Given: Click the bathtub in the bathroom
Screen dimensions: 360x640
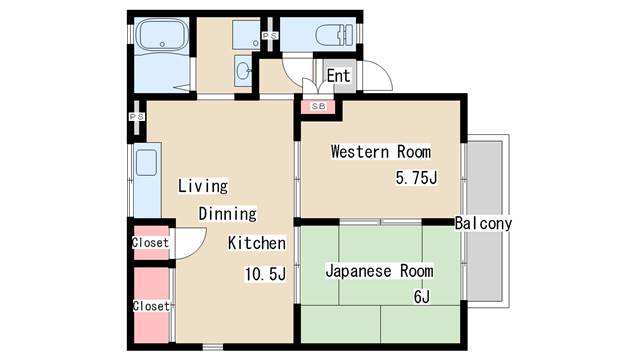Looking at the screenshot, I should (160, 37).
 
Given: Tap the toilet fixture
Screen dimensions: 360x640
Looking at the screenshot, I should (331, 37).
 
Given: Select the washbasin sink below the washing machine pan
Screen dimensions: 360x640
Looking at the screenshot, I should (244, 71).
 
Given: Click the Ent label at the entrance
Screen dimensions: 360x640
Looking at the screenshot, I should (339, 76).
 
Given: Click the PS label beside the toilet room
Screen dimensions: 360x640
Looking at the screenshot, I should (268, 37).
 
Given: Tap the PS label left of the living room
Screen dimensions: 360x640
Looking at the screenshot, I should (136, 117).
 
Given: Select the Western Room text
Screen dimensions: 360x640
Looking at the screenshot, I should (380, 153).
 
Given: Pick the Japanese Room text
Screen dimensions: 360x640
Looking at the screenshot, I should (379, 271).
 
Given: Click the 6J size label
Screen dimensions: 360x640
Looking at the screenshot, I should (422, 297).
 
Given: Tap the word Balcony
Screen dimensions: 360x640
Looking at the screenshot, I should (483, 224).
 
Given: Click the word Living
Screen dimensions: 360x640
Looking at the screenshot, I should (203, 186).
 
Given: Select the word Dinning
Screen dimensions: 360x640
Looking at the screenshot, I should (227, 213).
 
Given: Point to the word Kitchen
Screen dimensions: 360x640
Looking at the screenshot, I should (257, 243).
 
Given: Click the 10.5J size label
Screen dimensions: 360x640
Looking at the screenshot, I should (266, 274).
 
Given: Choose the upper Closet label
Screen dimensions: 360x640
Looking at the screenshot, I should (150, 243).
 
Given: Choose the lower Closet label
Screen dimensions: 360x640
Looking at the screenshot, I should (150, 306).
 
